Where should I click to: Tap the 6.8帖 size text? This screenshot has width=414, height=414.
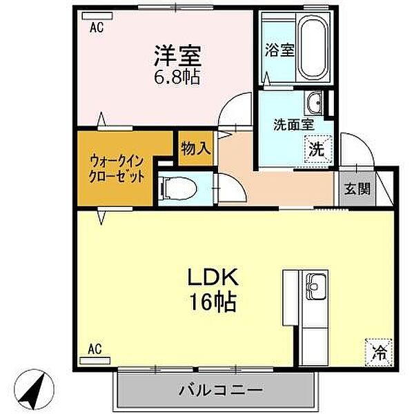(176, 75)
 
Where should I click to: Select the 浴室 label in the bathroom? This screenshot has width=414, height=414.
(279, 50)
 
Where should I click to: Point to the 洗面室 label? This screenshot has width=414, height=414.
(294, 125)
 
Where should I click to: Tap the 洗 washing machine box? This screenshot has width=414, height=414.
(316, 148)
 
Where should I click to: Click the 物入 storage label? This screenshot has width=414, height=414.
(195, 148)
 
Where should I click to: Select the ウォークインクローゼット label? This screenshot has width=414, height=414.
(116, 168)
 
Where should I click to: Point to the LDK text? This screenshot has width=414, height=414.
(214, 278)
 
